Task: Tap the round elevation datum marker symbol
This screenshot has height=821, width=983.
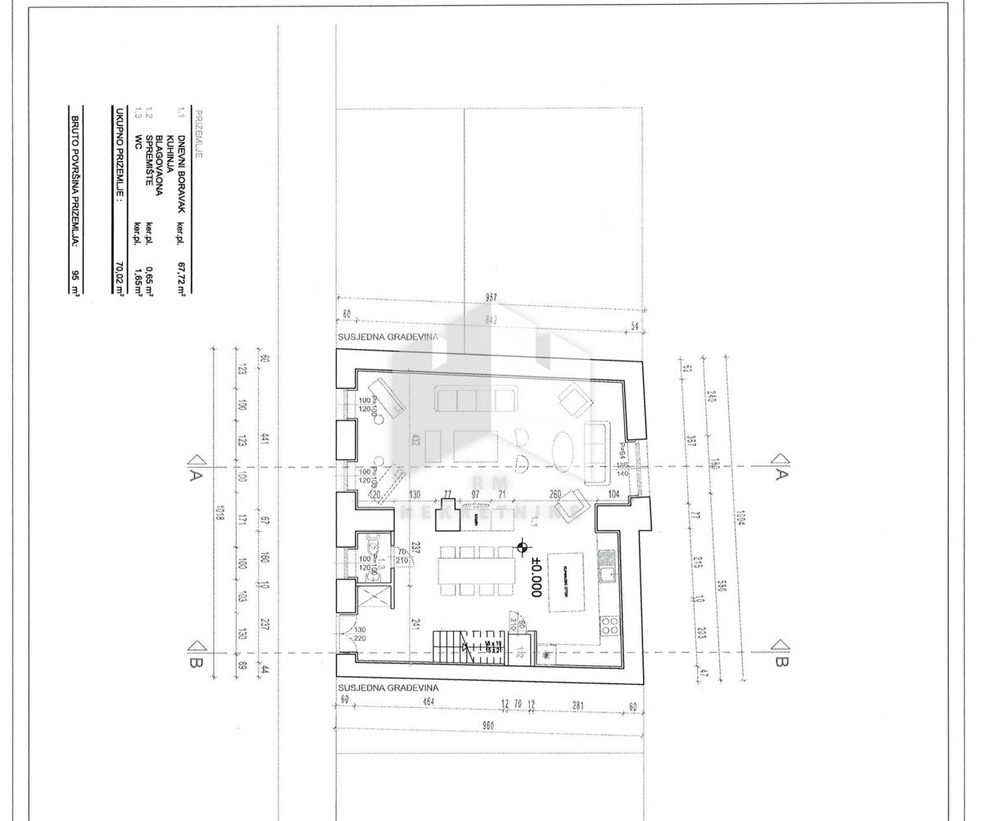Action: [x=523, y=547]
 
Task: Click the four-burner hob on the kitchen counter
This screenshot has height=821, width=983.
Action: [x=610, y=628]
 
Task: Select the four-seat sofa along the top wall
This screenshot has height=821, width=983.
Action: [x=476, y=399]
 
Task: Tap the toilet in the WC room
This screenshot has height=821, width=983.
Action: [x=374, y=547]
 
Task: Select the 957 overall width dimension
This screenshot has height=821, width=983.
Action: [x=490, y=297]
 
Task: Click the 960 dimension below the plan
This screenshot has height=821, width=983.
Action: [x=488, y=725]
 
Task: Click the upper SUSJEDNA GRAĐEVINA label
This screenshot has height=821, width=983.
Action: [x=387, y=337]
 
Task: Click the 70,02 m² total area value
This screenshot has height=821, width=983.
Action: [x=120, y=279]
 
